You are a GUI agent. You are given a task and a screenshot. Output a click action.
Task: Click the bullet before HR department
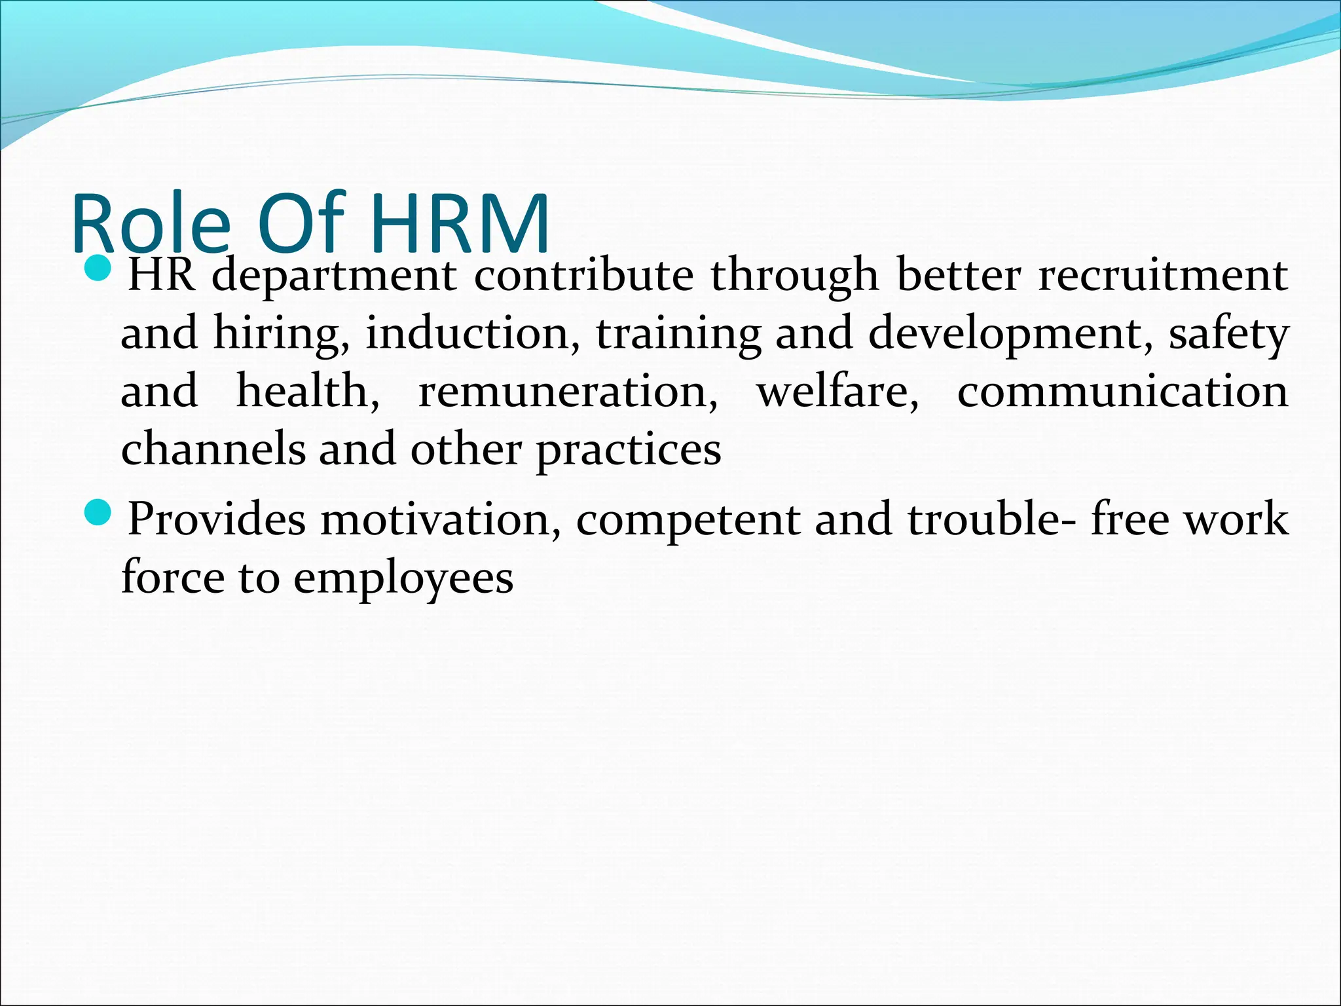tap(100, 268)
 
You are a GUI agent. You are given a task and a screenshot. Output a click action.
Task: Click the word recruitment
tap(1163, 275)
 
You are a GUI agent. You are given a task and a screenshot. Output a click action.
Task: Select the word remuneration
tap(568, 392)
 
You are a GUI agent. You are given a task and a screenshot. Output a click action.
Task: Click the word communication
tap(1122, 391)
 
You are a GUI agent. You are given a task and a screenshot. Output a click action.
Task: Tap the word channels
tap(213, 449)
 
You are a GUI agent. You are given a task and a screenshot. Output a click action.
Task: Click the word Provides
tap(217, 519)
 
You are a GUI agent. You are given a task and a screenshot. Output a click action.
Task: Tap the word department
tap(335, 276)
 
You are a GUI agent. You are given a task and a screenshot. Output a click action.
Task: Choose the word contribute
tap(583, 275)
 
